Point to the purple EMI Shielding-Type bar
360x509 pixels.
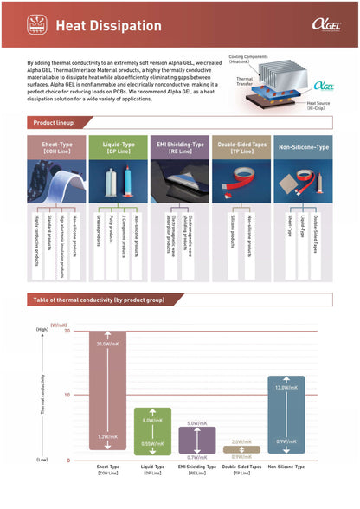pos(197,441)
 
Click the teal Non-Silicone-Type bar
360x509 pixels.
pos(286,416)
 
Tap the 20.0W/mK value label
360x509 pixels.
pos(107,344)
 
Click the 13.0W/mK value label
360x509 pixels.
pos(286,387)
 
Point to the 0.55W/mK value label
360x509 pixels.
pos(152,442)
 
